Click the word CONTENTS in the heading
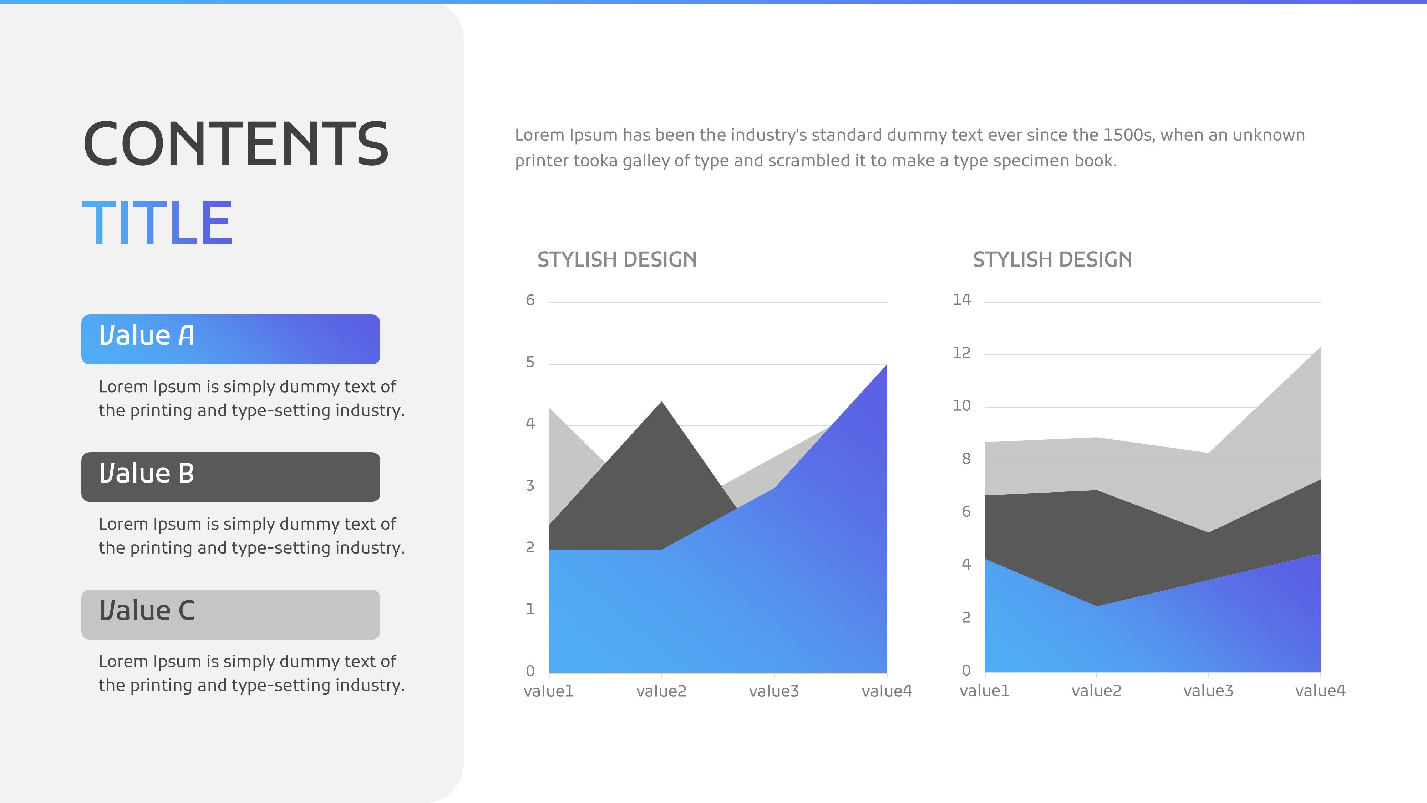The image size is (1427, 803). pyautogui.click(x=236, y=144)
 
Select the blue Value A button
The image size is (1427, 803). pyautogui.click(x=230, y=339)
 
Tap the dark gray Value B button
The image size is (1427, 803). pyautogui.click(x=230, y=476)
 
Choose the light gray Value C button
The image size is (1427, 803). pyautogui.click(x=230, y=614)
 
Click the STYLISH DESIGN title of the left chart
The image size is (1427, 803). pyautogui.click(x=616, y=259)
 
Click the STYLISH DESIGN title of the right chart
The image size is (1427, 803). pyautogui.click(x=1052, y=259)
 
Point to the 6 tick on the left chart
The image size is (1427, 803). pyautogui.click(x=530, y=301)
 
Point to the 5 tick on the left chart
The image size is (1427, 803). pyautogui.click(x=530, y=362)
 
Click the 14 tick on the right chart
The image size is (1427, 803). pyautogui.click(x=962, y=300)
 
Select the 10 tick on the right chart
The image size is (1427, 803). pyautogui.click(x=962, y=406)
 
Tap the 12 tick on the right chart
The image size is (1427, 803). pyautogui.click(x=962, y=353)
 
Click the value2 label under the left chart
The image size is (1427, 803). pyautogui.click(x=661, y=691)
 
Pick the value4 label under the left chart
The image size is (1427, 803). pyautogui.click(x=887, y=691)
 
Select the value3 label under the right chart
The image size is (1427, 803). pyautogui.click(x=1208, y=691)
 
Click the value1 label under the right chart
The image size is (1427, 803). pyautogui.click(x=984, y=691)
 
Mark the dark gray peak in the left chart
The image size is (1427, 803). pyautogui.click(x=661, y=402)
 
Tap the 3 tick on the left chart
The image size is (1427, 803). pyautogui.click(x=530, y=485)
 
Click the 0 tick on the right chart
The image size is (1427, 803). pyautogui.click(x=966, y=671)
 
